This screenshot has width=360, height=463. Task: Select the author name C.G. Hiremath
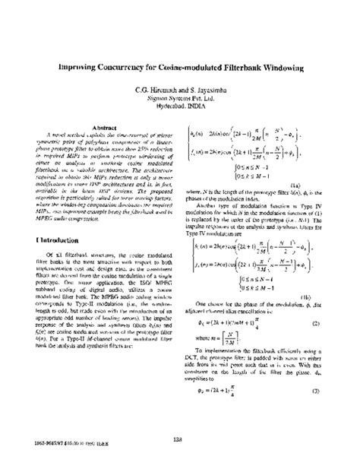pyautogui.click(x=157, y=90)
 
